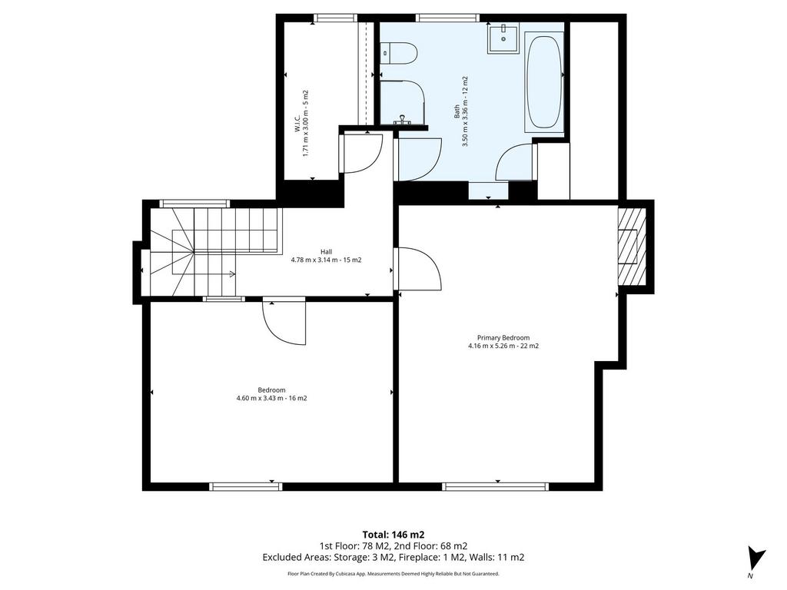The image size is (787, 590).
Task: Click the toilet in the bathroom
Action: (400, 53)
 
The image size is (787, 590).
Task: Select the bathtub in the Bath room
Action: (544, 81)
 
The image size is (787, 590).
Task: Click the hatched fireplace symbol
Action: (629, 246)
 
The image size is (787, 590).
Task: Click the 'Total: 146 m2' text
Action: (393, 535)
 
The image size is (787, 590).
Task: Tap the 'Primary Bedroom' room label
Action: (503, 338)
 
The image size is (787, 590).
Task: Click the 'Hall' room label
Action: (327, 251)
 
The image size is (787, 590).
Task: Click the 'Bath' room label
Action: (457, 111)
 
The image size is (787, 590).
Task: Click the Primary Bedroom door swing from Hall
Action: (419, 269)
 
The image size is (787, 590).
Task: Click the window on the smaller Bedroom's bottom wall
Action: (246, 486)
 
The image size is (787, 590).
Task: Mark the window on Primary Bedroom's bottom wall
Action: (496, 486)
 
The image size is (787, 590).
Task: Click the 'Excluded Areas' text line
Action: (393, 558)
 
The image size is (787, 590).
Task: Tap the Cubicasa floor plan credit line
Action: (393, 573)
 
